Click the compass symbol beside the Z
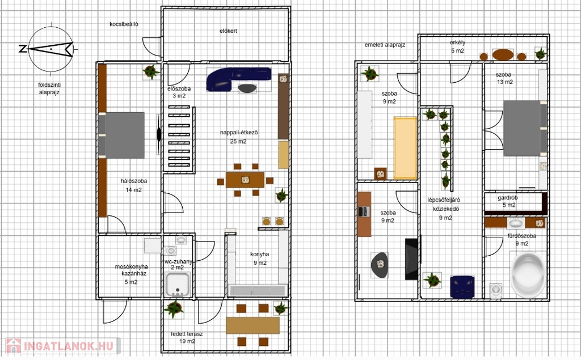click(x=50, y=49)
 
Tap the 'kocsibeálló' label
click(x=124, y=24)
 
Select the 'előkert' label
click(x=228, y=31)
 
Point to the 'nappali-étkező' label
click(x=239, y=133)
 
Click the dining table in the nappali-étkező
click(x=245, y=180)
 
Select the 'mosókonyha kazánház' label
click(x=131, y=270)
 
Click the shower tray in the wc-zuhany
click(x=178, y=285)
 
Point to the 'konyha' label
click(x=259, y=255)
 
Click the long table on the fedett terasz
click(x=252, y=325)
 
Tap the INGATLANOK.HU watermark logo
click(x=62, y=346)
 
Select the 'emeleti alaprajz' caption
click(x=385, y=45)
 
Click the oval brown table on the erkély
click(x=503, y=55)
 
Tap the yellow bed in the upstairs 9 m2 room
click(x=405, y=148)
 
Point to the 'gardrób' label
click(x=507, y=198)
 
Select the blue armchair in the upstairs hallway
click(x=462, y=287)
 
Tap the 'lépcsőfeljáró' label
click(x=444, y=200)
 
